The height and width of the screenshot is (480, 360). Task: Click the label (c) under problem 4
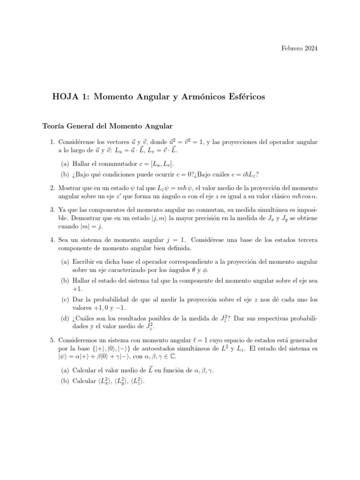point(65,299)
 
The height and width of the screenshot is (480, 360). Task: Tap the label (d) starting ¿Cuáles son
point(65,319)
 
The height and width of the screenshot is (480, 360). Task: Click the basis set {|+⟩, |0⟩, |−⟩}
point(106,349)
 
